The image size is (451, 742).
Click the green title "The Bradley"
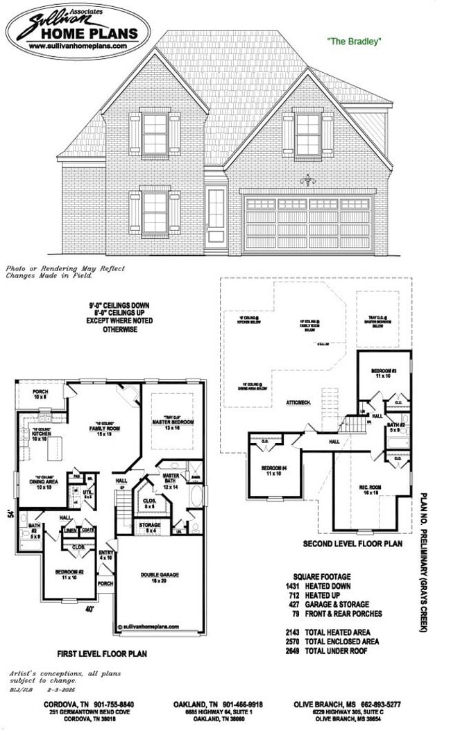(355, 42)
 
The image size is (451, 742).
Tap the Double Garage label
(160, 578)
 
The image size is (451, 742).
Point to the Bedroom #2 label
(69, 574)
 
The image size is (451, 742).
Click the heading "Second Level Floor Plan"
(352, 544)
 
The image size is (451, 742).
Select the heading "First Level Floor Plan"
(102, 653)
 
